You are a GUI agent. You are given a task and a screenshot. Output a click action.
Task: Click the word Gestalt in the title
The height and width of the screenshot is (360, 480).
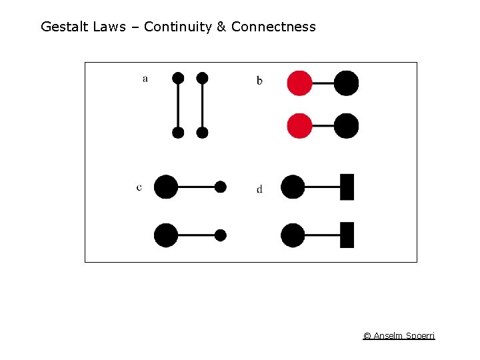[63, 27]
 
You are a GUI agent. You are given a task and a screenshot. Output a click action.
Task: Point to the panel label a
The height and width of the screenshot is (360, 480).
[145, 79]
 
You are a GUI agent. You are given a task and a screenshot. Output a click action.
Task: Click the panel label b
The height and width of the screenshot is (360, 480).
[259, 81]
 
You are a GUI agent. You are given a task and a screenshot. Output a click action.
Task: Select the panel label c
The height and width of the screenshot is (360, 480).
[139, 187]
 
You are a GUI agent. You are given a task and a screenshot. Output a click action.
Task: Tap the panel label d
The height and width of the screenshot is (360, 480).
[259, 189]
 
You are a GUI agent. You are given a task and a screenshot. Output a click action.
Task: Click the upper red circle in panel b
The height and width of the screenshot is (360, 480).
[299, 83]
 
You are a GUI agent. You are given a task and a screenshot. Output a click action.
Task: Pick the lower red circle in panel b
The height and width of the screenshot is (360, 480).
[299, 126]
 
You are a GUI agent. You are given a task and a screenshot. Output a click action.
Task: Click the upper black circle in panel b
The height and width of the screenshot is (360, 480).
[346, 83]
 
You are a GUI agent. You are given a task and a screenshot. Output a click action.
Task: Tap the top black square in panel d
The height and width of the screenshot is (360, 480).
[347, 187]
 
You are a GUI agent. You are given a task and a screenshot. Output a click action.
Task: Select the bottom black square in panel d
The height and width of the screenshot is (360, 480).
[347, 235]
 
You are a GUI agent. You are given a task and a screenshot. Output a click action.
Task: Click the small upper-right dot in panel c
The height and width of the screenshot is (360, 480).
[221, 187]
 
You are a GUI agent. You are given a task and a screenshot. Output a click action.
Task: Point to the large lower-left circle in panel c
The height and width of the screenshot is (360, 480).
[166, 235]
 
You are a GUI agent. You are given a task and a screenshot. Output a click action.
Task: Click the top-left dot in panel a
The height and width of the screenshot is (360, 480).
[178, 78]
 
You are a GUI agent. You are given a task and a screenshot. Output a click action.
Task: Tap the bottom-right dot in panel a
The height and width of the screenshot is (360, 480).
[203, 133]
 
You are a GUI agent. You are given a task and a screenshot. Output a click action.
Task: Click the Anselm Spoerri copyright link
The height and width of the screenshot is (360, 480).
[399, 335]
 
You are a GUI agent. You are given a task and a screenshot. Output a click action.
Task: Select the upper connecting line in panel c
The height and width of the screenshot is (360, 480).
[197, 187]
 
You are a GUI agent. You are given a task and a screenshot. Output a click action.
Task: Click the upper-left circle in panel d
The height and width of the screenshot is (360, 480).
[293, 187]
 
